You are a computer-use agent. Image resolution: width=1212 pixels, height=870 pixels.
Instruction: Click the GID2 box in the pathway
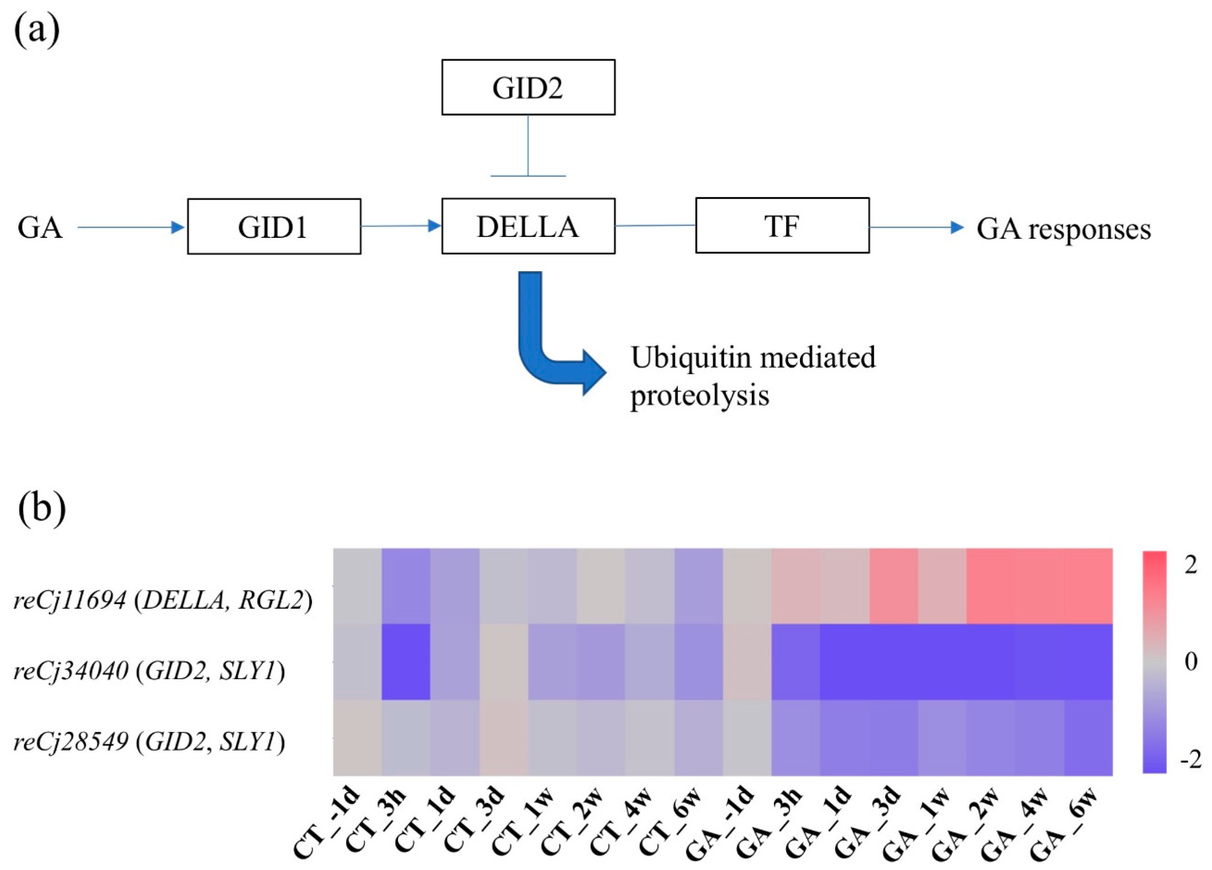click(528, 87)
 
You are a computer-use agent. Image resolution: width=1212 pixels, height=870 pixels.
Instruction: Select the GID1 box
click(273, 226)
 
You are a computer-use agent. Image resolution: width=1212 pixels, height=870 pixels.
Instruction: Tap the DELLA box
click(528, 226)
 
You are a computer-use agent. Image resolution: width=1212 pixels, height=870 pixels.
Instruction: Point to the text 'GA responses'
click(1064, 229)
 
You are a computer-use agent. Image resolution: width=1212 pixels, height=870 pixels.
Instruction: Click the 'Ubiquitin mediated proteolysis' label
click(752, 376)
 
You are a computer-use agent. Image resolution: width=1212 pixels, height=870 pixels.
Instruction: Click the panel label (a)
click(36, 31)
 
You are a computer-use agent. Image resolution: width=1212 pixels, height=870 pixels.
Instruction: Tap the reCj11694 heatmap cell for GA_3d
click(893, 586)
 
